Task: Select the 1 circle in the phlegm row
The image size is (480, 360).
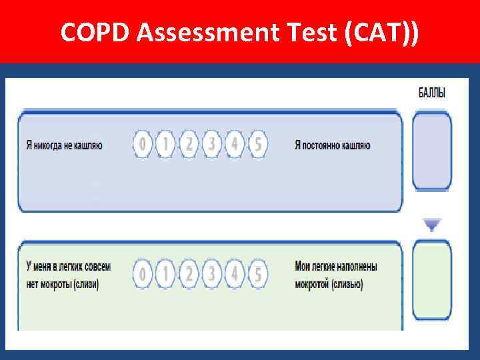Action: (166, 273)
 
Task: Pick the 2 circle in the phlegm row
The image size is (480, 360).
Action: (189, 273)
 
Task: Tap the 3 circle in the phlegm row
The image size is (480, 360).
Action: (212, 273)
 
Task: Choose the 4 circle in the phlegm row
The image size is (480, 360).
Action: (235, 273)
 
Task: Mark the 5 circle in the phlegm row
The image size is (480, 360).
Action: (257, 273)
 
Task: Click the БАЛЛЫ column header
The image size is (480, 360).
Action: (432, 93)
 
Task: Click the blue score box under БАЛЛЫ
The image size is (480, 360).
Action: (432, 151)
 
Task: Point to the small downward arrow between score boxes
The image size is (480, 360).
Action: (432, 225)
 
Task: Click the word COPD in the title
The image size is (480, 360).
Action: (95, 31)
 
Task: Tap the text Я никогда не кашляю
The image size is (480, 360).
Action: (64, 145)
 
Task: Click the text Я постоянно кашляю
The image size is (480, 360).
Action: (332, 145)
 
